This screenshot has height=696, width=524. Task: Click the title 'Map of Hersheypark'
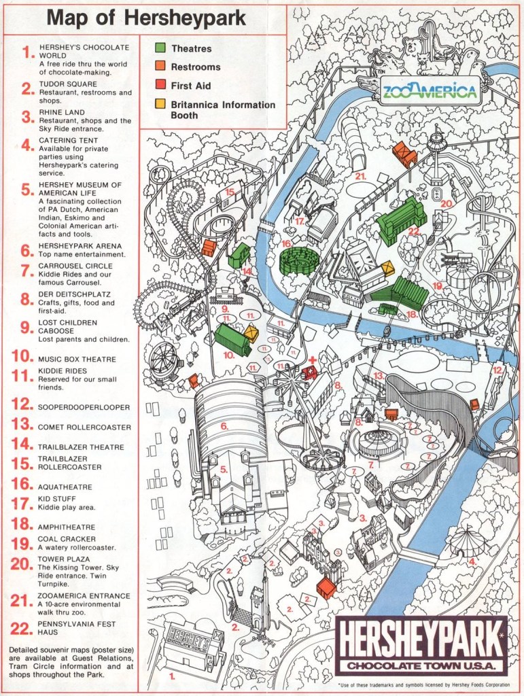[x=146, y=18]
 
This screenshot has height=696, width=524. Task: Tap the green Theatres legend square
[x=160, y=48]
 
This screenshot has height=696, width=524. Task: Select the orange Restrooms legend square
[x=160, y=67]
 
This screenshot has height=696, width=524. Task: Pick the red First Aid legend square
[x=160, y=85]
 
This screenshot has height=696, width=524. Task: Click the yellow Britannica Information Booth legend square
[x=160, y=105]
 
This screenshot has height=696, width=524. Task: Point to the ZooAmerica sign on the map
[x=429, y=92]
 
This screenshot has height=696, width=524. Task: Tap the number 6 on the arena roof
[x=223, y=426]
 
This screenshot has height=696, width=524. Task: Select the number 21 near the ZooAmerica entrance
[x=360, y=176]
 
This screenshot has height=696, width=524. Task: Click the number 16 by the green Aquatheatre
[x=286, y=243]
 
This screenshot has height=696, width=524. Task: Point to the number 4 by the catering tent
[x=472, y=561]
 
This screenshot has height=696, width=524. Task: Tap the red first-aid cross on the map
[x=312, y=359]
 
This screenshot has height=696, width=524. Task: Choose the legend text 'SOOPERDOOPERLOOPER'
[x=84, y=407]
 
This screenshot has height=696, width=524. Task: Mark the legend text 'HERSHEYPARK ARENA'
[x=80, y=246]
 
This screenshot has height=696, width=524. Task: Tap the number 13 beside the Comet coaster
[x=379, y=375]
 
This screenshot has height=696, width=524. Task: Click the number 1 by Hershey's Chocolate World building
[x=171, y=676]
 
